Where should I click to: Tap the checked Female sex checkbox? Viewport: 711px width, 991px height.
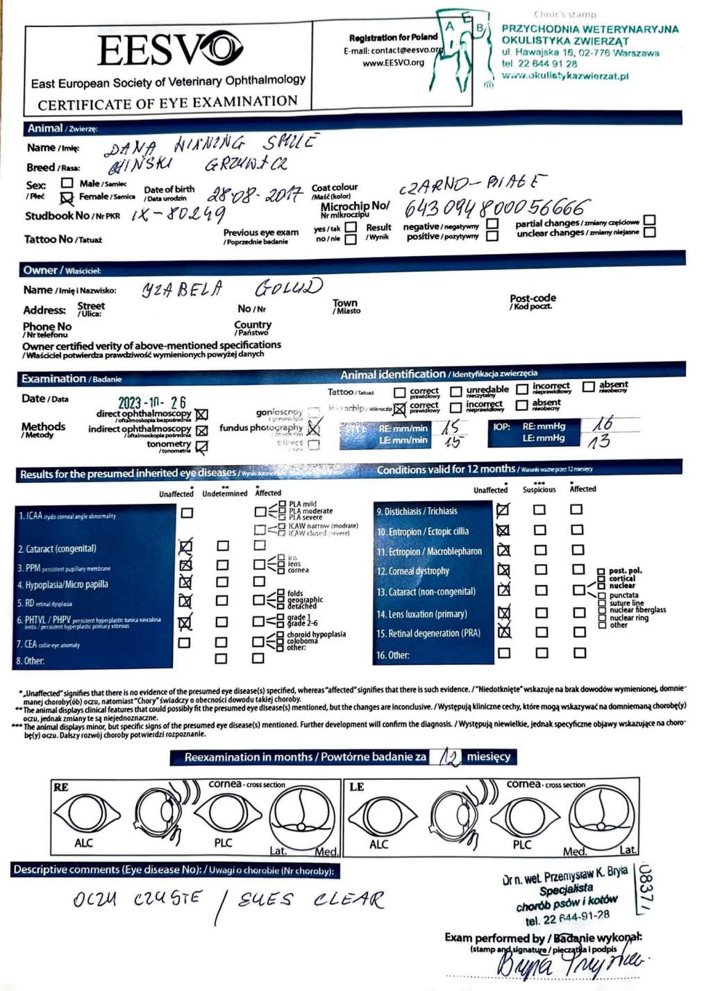pos(67,198)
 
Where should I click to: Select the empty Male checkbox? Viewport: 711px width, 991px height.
pos(67,183)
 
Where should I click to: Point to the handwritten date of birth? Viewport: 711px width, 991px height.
pos(255,194)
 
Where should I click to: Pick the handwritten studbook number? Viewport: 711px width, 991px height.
pos(178,214)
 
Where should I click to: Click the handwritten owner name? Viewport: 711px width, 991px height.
pos(232,287)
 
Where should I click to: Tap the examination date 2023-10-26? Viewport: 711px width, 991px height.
pos(152,403)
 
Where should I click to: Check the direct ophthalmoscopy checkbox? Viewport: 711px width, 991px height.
pos(202,414)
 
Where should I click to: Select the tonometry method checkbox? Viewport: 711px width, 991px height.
pos(202,448)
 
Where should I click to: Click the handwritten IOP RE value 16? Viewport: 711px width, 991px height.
pos(603,423)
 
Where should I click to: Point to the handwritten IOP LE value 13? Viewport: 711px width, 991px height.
pos(598,440)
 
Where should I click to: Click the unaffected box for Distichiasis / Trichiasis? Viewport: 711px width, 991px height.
pos(503,510)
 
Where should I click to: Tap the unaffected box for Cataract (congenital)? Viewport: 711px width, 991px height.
pos(185,547)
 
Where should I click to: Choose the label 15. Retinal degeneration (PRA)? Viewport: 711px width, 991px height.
pos(428,633)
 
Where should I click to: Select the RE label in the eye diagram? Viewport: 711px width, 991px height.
pos(61,787)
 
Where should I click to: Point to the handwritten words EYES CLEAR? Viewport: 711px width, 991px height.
pos(311,900)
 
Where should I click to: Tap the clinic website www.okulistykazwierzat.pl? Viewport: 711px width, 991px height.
pos(565,76)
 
